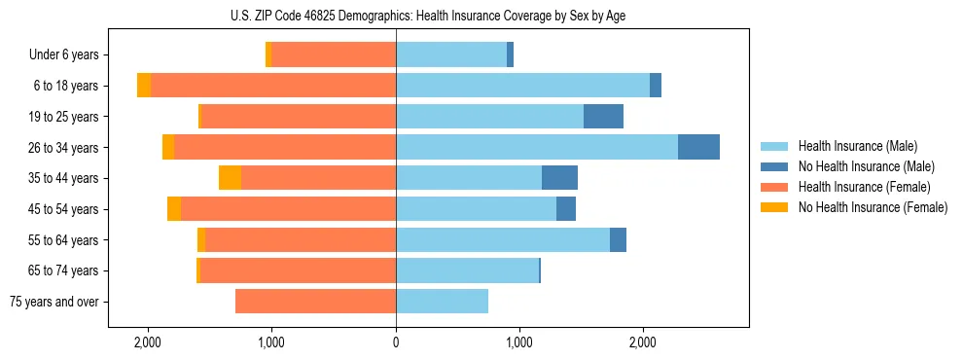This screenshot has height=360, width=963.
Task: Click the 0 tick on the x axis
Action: [396, 342]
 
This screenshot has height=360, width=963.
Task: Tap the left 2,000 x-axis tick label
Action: [148, 342]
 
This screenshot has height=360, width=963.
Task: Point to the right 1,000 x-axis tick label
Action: [519, 342]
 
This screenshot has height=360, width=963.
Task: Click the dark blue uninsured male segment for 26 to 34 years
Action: [698, 147]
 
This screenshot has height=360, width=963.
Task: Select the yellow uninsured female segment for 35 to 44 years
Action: [230, 178]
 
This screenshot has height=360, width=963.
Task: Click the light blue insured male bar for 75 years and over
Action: [442, 302]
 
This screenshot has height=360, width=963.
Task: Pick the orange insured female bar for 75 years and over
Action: [315, 302]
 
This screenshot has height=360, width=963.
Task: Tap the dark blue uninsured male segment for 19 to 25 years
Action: [603, 117]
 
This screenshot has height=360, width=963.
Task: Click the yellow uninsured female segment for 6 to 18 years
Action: [144, 86]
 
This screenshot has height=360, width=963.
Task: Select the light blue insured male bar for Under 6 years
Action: [451, 55]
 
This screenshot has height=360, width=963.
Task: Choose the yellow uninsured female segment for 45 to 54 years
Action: [174, 209]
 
